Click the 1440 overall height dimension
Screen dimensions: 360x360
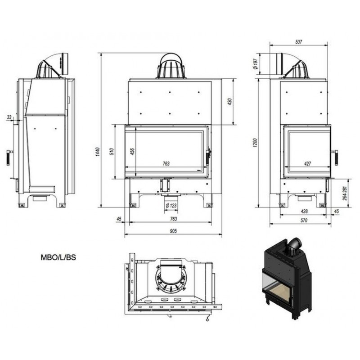click(x=98, y=152)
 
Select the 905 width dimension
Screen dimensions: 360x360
click(x=173, y=231)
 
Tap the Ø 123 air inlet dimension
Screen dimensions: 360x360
click(x=171, y=206)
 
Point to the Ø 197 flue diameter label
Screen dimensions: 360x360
click(x=256, y=64)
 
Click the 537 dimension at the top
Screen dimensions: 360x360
click(x=299, y=42)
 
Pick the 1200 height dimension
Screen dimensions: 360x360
click(x=256, y=143)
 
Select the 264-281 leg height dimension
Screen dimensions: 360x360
click(x=345, y=193)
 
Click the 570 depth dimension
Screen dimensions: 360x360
click(x=304, y=220)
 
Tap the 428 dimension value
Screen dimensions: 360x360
click(x=304, y=211)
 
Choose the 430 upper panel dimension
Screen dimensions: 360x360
click(x=229, y=102)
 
